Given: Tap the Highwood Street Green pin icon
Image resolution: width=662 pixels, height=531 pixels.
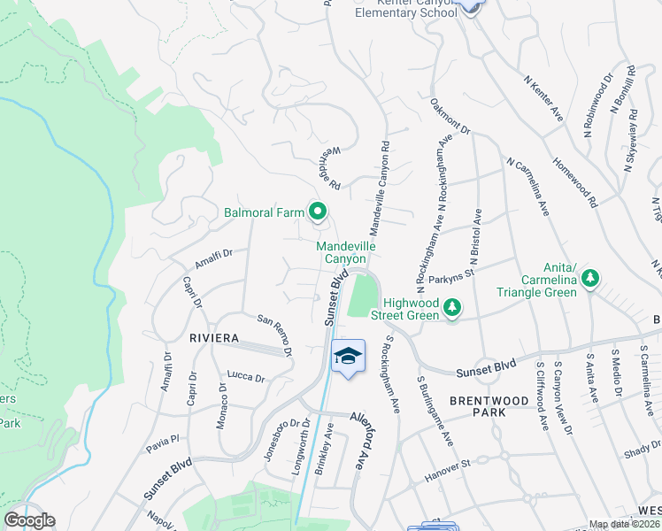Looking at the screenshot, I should point(452,307).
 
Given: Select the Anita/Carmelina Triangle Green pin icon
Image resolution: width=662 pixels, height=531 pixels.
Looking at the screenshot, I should point(589,280).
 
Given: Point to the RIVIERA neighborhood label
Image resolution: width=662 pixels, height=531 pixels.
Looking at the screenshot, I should point(213,338).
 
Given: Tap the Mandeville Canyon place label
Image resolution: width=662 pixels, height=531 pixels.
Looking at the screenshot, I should point(343,251).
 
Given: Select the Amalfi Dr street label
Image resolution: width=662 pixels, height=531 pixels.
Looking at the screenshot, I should point(212,258).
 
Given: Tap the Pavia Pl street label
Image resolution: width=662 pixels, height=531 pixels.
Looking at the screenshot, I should point(163,437).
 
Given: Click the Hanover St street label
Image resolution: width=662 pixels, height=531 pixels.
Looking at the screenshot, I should point(462,461).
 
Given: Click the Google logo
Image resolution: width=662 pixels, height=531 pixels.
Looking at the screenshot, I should point(29,520).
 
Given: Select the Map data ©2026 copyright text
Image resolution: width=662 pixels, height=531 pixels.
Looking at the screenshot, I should point(625,525).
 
